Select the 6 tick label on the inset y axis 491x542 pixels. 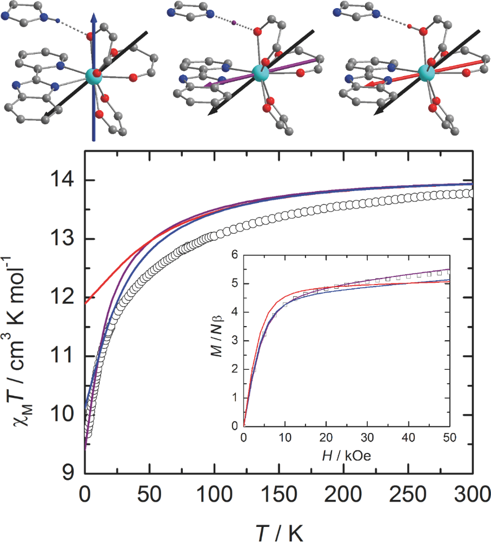(234, 255)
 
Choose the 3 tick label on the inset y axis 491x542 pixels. (234, 341)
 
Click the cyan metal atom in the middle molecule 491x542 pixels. (260, 72)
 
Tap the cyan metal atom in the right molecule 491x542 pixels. (426, 72)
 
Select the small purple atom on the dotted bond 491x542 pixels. (234, 23)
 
